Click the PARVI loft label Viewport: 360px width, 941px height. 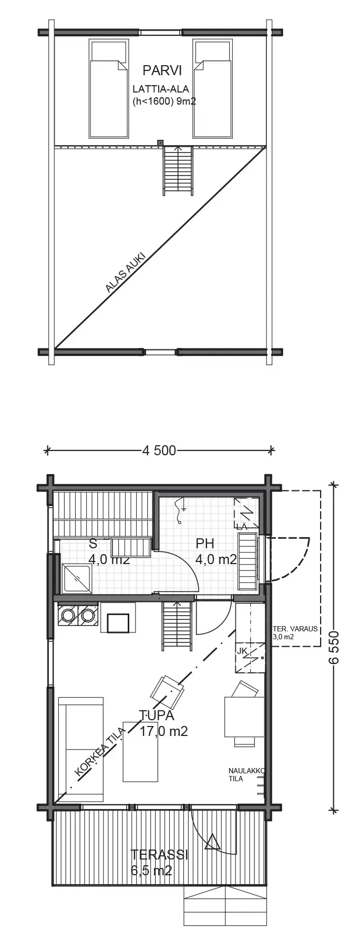tap(162, 70)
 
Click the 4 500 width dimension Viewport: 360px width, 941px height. tap(159, 450)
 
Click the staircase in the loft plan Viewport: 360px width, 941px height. tap(178, 170)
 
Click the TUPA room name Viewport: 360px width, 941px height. tap(156, 715)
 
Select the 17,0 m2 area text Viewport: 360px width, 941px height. tap(163, 731)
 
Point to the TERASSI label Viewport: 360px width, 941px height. tap(159, 854)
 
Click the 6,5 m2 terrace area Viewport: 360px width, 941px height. tap(151, 871)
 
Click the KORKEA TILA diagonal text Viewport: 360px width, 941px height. tap(100, 753)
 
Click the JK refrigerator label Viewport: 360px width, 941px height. tap(242, 651)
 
